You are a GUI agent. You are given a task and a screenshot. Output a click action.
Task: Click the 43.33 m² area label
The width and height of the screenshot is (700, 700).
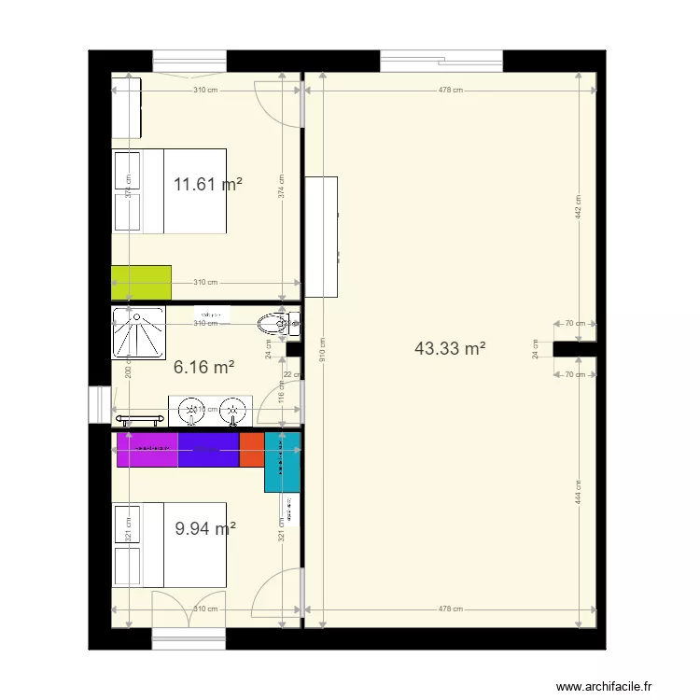pyautogui.click(x=450, y=349)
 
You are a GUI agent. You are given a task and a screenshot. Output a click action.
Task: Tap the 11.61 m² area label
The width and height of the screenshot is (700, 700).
pyautogui.click(x=208, y=184)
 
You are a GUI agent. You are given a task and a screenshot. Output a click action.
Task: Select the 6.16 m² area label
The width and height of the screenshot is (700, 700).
pyautogui.click(x=203, y=368)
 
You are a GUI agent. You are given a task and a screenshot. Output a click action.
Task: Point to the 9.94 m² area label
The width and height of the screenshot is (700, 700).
pyautogui.click(x=205, y=529)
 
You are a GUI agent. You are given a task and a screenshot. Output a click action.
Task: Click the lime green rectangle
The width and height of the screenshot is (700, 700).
pyautogui.click(x=141, y=282)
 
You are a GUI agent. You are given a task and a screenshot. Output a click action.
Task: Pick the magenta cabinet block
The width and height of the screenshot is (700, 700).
pyautogui.click(x=147, y=449)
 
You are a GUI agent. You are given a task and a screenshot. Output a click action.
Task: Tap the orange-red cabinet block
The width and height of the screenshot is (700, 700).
pyautogui.click(x=252, y=449)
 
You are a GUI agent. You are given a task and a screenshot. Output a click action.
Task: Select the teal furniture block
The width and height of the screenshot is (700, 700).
pyautogui.click(x=282, y=462)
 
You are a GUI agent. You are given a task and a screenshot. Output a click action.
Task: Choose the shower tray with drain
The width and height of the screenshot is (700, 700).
pyautogui.click(x=139, y=331)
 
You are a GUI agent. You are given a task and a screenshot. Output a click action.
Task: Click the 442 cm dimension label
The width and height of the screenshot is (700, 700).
pyautogui.click(x=579, y=207)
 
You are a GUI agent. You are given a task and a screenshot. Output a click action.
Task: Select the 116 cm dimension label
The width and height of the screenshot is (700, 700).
pyautogui.click(x=281, y=390)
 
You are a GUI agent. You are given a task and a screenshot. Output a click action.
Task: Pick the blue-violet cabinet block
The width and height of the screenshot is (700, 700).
pyautogui.click(x=208, y=449)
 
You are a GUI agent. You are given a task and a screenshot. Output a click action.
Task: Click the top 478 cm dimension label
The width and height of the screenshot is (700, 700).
pyautogui.click(x=450, y=91)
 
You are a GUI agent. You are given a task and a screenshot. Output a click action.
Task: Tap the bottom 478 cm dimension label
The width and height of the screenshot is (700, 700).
pyautogui.click(x=450, y=609)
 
